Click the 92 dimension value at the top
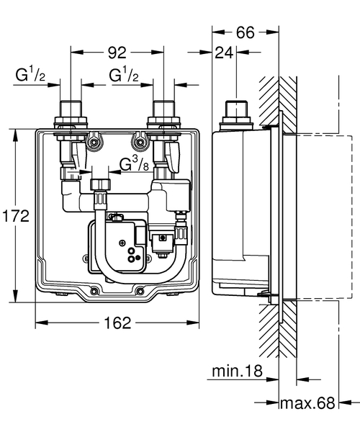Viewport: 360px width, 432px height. point(117,52)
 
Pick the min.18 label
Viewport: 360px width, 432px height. point(234,372)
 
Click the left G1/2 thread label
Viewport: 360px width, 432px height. point(33,76)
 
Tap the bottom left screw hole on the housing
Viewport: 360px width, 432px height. point(94,292)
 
